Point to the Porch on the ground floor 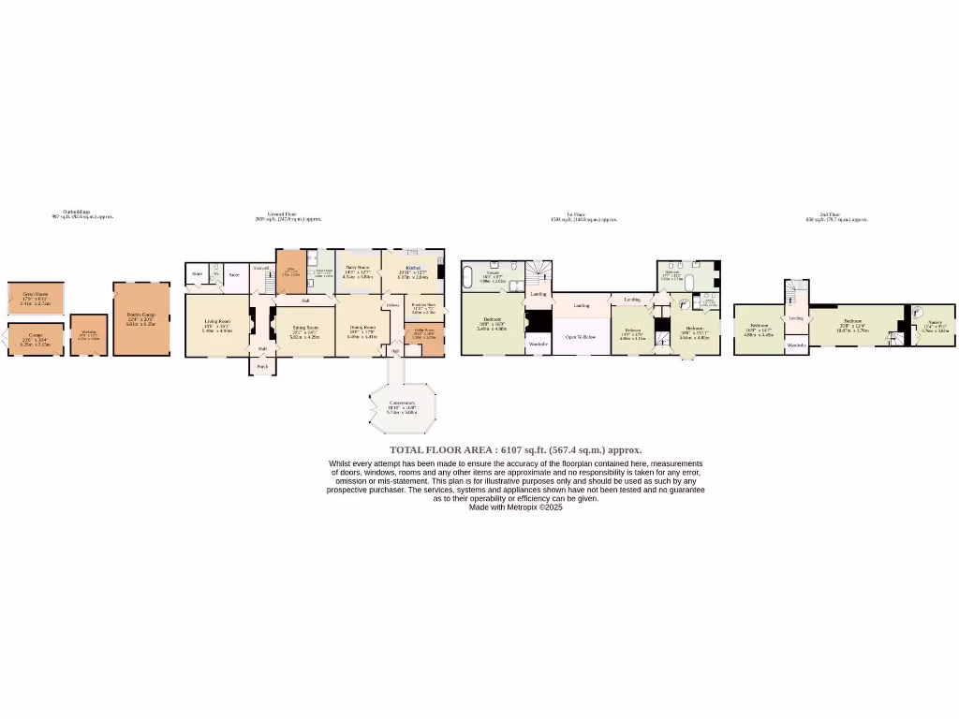click(x=262, y=366)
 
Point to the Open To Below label click(x=580, y=336)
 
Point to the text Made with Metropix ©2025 click(x=515, y=507)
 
